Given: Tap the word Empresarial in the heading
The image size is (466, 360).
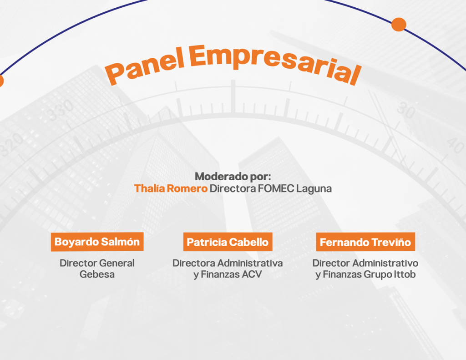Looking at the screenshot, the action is (275, 63).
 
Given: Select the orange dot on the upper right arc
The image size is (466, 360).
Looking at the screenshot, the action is (399, 25).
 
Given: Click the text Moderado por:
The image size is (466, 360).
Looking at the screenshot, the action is (233, 176).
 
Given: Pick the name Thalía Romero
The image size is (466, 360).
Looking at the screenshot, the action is (171, 188).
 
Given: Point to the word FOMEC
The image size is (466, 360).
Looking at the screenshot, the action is (276, 188).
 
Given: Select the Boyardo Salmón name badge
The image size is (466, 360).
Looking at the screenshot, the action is (97, 242).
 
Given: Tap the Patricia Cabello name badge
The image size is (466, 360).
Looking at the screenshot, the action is (228, 242).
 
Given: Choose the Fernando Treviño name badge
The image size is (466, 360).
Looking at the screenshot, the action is (365, 242).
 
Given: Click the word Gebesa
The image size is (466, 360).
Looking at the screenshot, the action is (97, 274).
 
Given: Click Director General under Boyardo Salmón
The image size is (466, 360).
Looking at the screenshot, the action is (97, 263).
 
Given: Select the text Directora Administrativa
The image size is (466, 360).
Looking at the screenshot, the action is (228, 263).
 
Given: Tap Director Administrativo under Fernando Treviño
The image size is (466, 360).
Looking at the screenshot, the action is (365, 263).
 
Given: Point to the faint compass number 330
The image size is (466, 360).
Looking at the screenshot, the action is (61, 110).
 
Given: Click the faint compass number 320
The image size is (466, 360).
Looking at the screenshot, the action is (11, 144).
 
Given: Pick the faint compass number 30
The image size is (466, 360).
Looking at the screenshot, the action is (406, 110).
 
